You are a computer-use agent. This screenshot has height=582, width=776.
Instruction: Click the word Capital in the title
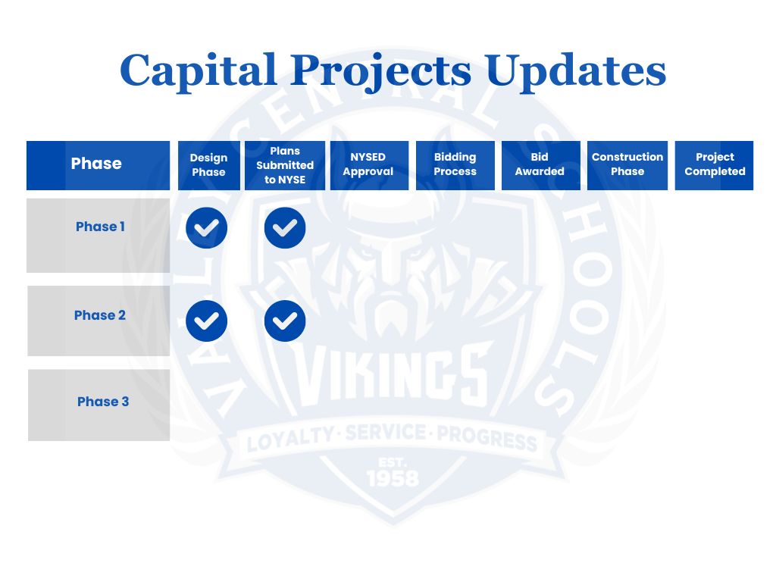click(199, 70)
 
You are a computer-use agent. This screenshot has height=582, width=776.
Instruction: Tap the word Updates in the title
click(575, 70)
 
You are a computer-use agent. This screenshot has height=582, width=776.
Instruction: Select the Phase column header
click(96, 164)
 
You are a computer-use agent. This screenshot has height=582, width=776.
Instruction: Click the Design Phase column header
click(208, 165)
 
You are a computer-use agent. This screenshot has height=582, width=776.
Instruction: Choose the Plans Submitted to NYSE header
click(285, 165)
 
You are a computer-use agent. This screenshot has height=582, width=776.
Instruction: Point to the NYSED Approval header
click(368, 164)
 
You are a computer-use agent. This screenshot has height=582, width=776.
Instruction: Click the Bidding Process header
click(455, 164)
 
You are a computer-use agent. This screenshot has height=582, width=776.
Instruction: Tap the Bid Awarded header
click(540, 164)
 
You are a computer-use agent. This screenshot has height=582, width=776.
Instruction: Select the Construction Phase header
click(627, 164)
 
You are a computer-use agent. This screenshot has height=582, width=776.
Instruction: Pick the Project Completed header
click(715, 164)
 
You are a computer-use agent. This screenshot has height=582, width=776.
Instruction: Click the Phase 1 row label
click(100, 227)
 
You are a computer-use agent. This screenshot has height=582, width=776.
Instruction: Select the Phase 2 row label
click(100, 315)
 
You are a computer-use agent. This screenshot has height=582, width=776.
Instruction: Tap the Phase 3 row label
click(103, 402)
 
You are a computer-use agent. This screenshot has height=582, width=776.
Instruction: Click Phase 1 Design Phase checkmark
click(207, 227)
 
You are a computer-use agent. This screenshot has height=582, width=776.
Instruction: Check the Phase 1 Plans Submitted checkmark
click(285, 227)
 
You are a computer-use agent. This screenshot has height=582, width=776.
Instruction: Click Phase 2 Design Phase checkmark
click(207, 321)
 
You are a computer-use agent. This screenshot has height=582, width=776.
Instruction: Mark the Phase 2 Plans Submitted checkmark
click(285, 321)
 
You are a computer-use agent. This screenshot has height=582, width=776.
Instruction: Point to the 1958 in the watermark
click(392, 477)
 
